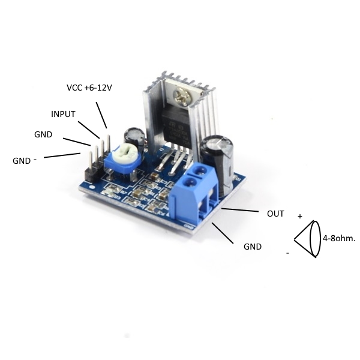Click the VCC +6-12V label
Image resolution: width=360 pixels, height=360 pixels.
[89, 88]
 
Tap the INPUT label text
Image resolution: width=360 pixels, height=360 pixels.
[63, 114]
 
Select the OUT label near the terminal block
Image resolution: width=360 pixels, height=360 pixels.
[275, 214]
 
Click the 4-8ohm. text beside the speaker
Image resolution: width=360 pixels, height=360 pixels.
[339, 239]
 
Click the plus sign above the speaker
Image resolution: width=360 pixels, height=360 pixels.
[300, 216]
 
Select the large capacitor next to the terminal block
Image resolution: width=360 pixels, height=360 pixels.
[217, 163]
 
